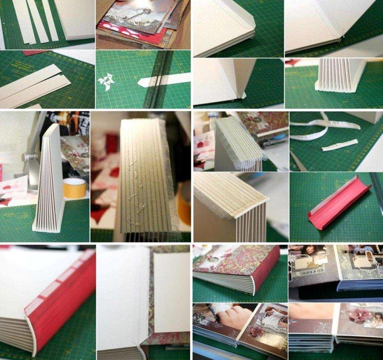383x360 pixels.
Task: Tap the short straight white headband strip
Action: [x=340, y=145]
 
